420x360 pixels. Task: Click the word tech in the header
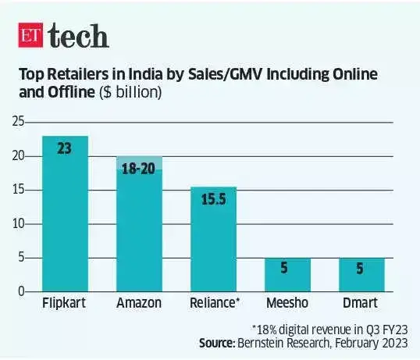[x=78, y=35]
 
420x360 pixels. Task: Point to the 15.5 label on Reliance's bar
[x=213, y=201]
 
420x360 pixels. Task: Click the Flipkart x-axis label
[x=65, y=302]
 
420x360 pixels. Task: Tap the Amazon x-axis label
[x=139, y=302]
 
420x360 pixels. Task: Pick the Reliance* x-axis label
[x=214, y=302]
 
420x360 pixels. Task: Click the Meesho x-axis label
[x=287, y=302]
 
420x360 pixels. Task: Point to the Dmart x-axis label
[x=361, y=302]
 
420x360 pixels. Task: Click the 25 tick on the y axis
[x=17, y=123]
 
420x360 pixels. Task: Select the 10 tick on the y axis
[x=17, y=224]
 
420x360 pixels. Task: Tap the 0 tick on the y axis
[x=20, y=291]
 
